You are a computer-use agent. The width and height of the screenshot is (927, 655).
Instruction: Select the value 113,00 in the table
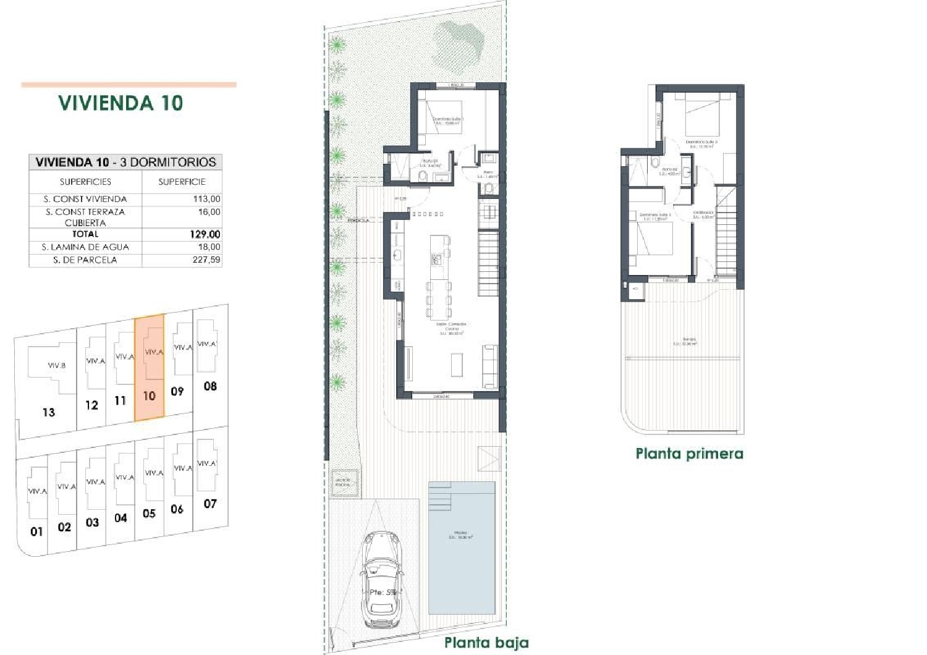tap(206, 199)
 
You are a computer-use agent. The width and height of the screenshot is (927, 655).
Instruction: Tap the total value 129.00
tap(205, 234)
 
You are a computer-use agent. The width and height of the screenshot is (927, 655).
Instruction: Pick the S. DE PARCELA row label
tap(85, 260)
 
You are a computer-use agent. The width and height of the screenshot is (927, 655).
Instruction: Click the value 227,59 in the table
tap(206, 260)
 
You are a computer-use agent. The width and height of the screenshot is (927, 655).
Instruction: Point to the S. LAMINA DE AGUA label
tap(85, 247)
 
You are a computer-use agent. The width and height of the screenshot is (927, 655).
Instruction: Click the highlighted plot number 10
tap(149, 395)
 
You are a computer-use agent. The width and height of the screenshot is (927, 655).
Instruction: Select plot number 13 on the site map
tap(49, 412)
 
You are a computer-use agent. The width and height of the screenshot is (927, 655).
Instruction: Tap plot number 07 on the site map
tap(210, 504)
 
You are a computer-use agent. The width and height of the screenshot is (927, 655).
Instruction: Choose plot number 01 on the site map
tap(36, 531)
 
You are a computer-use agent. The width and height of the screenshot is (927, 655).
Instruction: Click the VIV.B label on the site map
tap(56, 365)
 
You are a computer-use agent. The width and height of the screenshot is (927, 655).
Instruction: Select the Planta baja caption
tap(486, 643)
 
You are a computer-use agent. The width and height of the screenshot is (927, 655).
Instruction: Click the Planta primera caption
tap(689, 454)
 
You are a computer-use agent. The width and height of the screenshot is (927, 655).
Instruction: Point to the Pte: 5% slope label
tap(383, 592)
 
